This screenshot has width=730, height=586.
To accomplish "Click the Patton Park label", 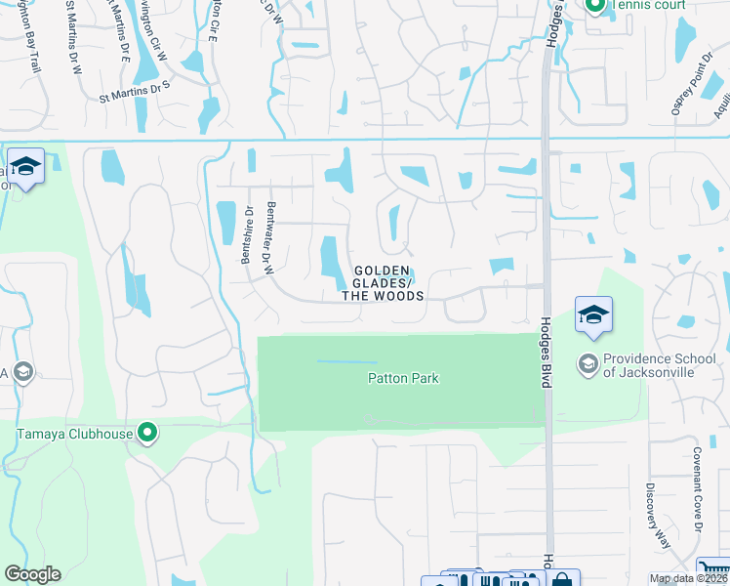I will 403,378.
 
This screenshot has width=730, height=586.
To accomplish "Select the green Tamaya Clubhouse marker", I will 147,432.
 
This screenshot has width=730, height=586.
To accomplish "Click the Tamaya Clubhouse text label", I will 73,434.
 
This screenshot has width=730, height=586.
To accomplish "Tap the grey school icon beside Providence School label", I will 588,364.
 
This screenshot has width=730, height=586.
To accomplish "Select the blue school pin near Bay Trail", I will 25,168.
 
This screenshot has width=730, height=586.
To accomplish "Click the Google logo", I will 32,574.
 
